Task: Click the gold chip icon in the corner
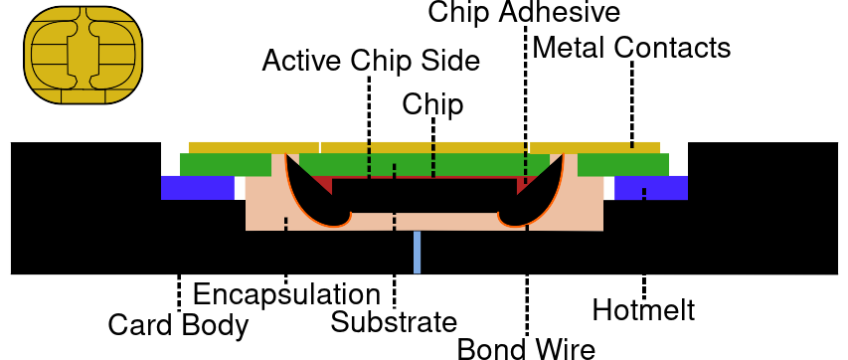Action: point(83,56)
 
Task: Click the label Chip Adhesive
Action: point(524,12)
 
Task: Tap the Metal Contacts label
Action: point(631,48)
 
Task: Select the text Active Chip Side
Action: point(371,60)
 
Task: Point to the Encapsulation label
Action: point(286,294)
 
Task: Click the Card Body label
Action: point(178,325)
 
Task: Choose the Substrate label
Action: point(394,322)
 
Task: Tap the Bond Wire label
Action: point(526,348)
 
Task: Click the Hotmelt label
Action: point(643,310)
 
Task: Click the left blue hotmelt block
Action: point(198,188)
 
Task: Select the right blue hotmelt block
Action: point(651,188)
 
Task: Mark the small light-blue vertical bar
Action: point(417,253)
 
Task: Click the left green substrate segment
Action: point(226,164)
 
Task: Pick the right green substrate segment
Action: point(623,164)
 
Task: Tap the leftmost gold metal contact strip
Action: point(254,148)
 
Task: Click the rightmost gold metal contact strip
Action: point(594,148)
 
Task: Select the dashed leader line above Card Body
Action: point(179,292)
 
